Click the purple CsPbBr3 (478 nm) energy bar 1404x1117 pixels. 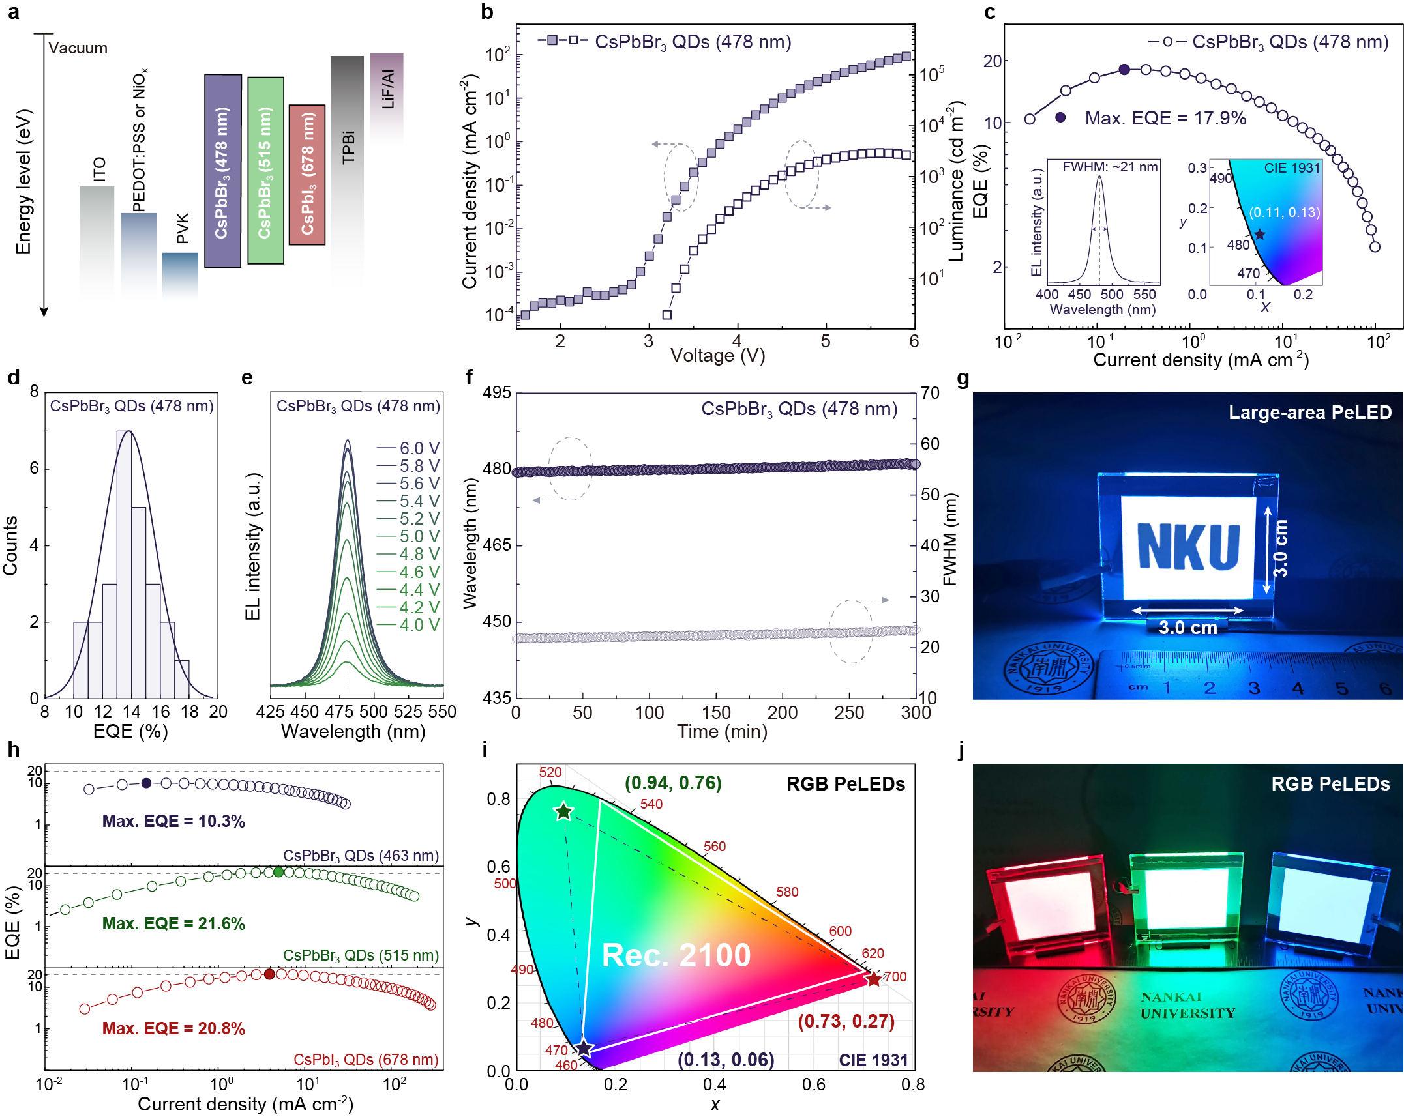[222, 171]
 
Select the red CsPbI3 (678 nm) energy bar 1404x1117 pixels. [307, 174]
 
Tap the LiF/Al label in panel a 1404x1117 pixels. [387, 89]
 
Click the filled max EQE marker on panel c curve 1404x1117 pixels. [1124, 70]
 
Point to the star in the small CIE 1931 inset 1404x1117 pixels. [1260, 235]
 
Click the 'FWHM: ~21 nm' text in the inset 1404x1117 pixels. [1110, 167]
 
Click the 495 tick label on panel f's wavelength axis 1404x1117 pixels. [497, 393]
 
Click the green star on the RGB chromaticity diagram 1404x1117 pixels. [563, 811]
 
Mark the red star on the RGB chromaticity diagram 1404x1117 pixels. [873, 979]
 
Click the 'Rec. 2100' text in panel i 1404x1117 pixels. [676, 955]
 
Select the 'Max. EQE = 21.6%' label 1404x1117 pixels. [173, 923]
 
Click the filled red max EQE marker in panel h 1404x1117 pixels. [269, 974]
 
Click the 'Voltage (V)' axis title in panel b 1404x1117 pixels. [717, 356]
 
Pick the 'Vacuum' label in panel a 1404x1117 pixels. [78, 48]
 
